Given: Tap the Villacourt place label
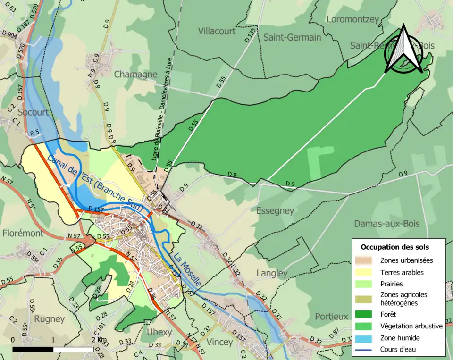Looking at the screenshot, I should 217,31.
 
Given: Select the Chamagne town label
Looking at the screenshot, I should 135,75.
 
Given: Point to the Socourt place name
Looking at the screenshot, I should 33,112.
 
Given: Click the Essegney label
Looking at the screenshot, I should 275,210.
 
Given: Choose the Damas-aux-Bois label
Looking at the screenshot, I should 386,224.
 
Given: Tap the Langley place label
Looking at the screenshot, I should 272,273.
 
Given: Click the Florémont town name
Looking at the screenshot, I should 23,233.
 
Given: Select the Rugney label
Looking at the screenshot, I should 50,319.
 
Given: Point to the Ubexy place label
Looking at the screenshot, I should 159,332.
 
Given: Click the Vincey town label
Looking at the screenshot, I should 220,342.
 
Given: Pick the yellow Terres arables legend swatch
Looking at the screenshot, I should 367,272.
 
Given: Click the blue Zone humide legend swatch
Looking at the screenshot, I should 367,338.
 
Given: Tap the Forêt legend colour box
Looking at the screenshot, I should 367,314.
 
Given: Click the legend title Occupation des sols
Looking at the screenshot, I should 394,247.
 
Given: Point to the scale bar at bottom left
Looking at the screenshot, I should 53,349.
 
